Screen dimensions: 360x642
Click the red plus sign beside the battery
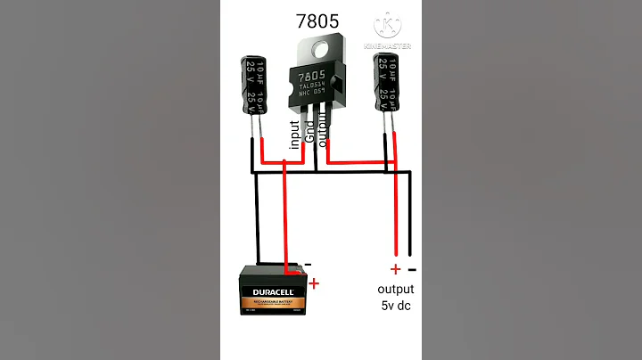[x=313, y=284]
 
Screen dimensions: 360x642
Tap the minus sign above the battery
[x=308, y=264]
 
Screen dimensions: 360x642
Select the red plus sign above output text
[x=395, y=269]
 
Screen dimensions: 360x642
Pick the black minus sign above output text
[x=411, y=269]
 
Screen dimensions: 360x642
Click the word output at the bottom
[x=396, y=290]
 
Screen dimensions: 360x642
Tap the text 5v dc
[x=396, y=306]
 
